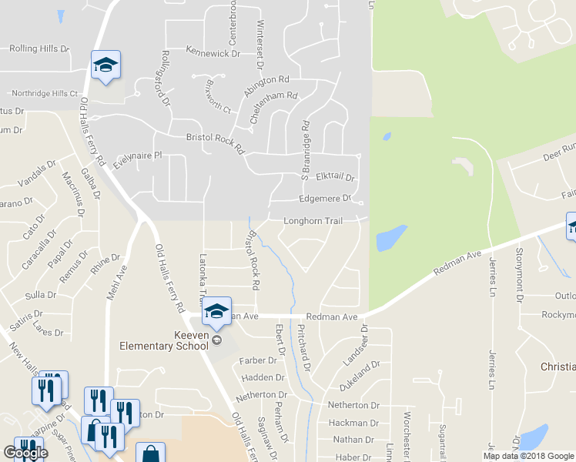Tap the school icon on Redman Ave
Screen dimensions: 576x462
point(217,312)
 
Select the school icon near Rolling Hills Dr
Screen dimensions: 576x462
point(105,65)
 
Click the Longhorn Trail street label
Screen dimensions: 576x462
point(313,221)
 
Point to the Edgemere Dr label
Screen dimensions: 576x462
point(324,199)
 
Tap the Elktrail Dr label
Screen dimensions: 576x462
point(335,177)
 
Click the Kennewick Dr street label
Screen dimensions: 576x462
point(213,53)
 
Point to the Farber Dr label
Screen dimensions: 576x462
point(257,360)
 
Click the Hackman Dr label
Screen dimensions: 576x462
point(348,423)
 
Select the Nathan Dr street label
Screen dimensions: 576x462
point(353,440)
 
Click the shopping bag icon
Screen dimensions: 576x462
point(150,454)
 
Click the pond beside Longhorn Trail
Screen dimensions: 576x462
point(391,238)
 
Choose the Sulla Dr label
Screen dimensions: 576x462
point(41,295)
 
